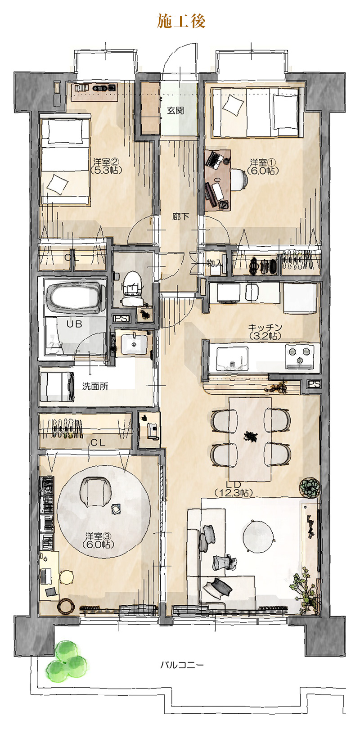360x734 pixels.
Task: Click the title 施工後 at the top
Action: coord(181,21)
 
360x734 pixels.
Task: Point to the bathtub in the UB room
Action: coord(76,296)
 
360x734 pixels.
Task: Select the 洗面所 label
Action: coord(95,387)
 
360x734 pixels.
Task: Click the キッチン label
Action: coord(265,331)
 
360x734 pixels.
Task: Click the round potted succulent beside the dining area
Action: coord(309,486)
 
